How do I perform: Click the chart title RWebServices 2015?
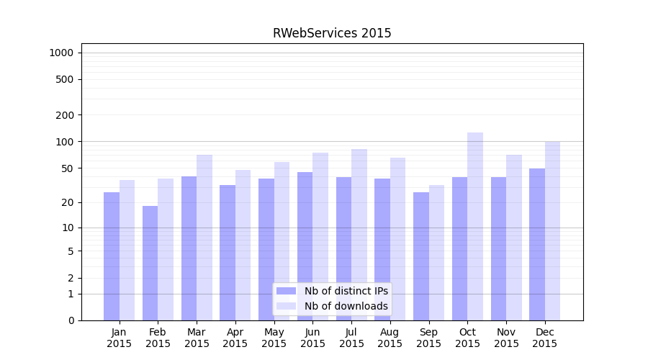(x=332, y=33)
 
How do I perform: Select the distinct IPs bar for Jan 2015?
(x=112, y=256)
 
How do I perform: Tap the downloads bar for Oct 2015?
(x=475, y=226)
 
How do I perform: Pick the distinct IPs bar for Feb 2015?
(x=150, y=263)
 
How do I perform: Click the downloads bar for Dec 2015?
(x=552, y=230)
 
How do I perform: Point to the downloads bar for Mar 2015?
(x=204, y=238)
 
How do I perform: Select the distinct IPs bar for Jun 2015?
(x=305, y=246)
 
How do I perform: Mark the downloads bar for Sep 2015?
(x=436, y=252)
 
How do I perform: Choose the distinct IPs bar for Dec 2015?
(x=537, y=244)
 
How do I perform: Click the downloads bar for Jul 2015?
(x=359, y=234)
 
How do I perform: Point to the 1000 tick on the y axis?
(x=61, y=53)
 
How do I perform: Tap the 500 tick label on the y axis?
(x=64, y=79)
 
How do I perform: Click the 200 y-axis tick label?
(x=64, y=115)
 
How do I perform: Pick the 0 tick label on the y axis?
(x=71, y=320)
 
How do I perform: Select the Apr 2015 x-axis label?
(x=235, y=338)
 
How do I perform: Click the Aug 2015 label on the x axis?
(x=390, y=338)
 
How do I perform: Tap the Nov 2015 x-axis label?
(x=506, y=338)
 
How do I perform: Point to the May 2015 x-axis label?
(x=274, y=338)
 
